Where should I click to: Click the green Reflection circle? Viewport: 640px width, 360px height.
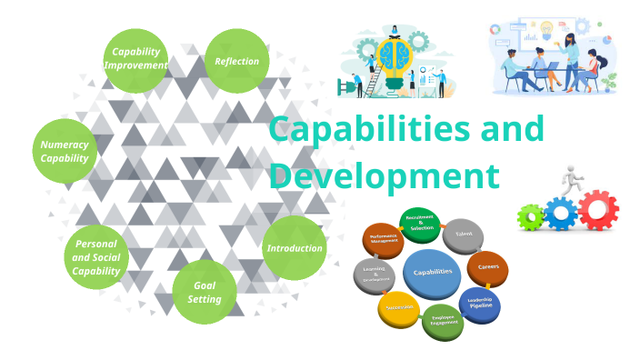[x=237, y=61]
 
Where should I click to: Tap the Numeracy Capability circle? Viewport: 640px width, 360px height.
[x=65, y=151]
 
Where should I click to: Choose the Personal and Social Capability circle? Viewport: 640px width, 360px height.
[x=96, y=257]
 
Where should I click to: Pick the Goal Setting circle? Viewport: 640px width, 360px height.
[x=204, y=292]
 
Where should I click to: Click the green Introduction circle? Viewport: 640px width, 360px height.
[x=294, y=248]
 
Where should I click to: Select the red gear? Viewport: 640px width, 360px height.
[x=597, y=210]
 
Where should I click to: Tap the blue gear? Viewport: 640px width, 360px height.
[x=561, y=215]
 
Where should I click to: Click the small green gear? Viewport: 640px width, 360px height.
[x=530, y=217]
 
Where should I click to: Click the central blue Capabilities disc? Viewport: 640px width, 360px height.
[x=433, y=272]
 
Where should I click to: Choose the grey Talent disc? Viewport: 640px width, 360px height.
[x=464, y=234]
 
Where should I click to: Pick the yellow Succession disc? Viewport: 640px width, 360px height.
[x=398, y=309]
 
